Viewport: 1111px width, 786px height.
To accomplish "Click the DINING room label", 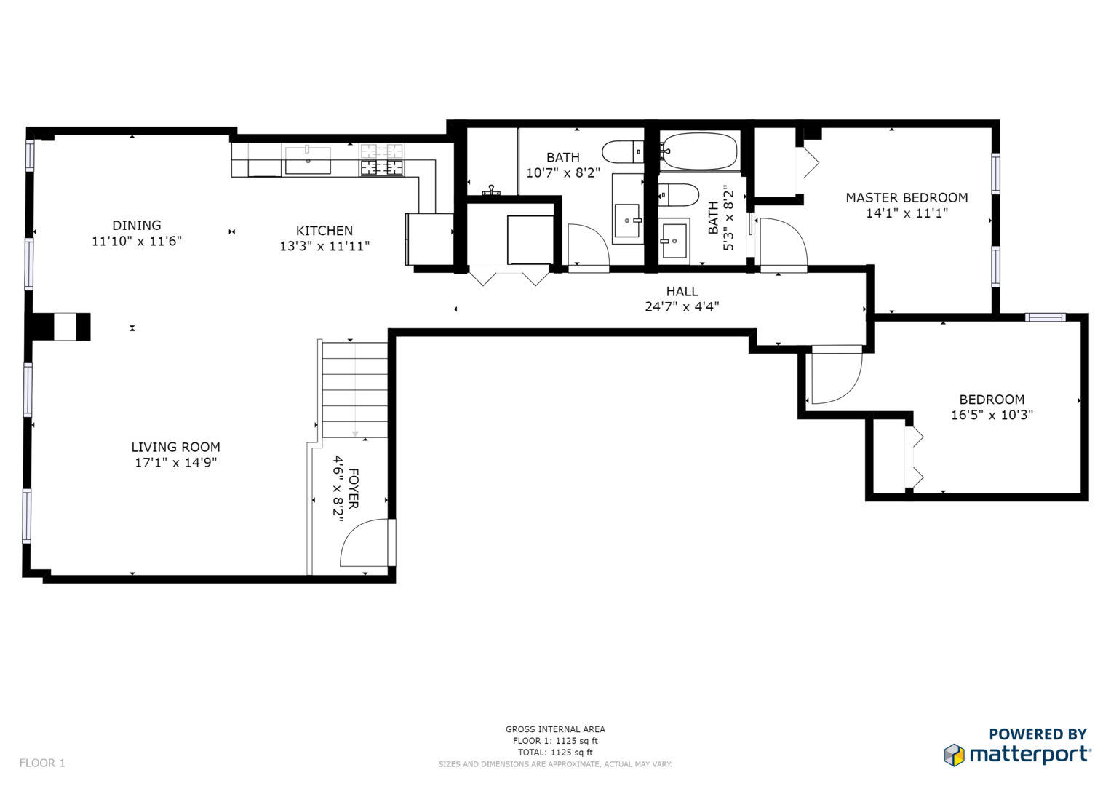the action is (x=136, y=226).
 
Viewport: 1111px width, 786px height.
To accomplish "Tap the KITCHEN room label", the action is (x=324, y=231).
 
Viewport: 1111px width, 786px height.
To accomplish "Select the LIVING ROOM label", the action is (x=175, y=447).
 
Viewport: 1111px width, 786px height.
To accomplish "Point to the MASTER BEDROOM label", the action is (x=907, y=197).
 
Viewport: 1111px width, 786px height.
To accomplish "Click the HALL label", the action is (x=682, y=291).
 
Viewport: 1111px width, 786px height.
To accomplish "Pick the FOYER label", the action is (x=353, y=488).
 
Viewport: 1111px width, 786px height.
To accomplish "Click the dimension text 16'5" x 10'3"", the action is (x=992, y=415).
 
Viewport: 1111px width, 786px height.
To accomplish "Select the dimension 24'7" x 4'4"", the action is (x=682, y=306).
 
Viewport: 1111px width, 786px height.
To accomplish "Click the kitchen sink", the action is (x=308, y=160).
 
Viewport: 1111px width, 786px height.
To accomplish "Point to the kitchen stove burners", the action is (x=381, y=160).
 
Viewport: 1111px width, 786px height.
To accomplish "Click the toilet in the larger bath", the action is (x=624, y=152).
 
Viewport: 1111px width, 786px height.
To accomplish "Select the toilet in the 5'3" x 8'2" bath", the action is (x=679, y=195).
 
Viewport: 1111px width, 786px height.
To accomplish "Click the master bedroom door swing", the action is (x=783, y=244).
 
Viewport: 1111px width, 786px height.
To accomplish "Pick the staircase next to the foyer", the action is (x=354, y=389).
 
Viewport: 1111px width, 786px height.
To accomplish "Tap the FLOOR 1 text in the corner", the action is (x=42, y=763).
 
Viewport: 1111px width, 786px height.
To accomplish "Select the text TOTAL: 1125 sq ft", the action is (x=555, y=753).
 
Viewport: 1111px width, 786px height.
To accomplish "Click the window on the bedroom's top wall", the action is (x=1045, y=317).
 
